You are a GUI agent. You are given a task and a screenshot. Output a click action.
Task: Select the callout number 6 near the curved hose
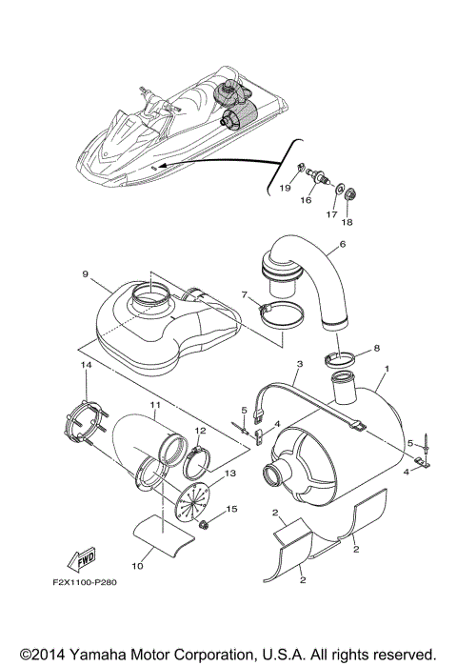342,246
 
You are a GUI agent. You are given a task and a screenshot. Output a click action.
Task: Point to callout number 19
284,189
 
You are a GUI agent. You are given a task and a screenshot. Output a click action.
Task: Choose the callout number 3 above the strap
299,364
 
